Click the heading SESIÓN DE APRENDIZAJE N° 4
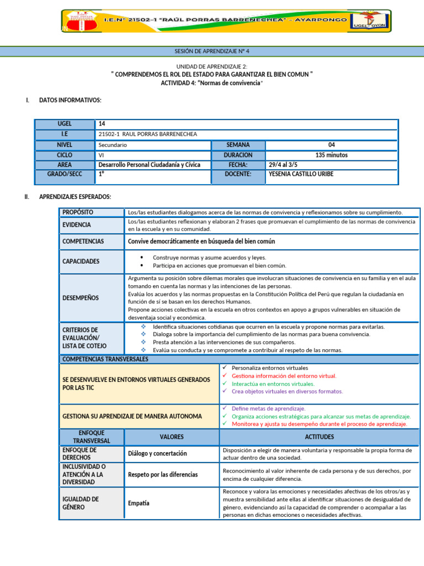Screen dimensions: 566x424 click(x=212, y=51)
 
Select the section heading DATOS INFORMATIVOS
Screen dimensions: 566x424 click(x=70, y=100)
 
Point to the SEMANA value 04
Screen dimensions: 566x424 click(x=331, y=145)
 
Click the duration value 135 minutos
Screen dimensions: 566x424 click(x=331, y=155)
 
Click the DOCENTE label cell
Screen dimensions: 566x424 click(x=238, y=174)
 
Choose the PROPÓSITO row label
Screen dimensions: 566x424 click(x=78, y=212)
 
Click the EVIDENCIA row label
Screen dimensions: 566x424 click(x=77, y=225)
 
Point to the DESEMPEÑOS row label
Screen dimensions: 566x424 click(x=81, y=298)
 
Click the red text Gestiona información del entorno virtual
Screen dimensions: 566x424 click(x=284, y=376)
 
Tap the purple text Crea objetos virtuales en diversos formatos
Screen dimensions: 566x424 click(x=287, y=391)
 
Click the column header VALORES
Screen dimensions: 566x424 click(x=172, y=437)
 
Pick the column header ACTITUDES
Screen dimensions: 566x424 click(x=319, y=437)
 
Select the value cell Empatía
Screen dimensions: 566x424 click(x=139, y=504)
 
